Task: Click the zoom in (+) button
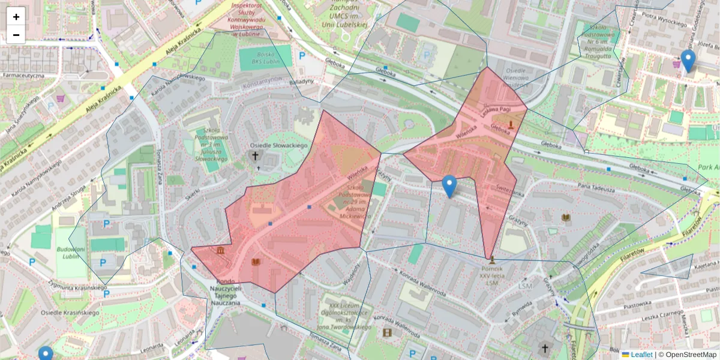(x=16, y=17)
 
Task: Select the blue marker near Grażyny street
(x=449, y=186)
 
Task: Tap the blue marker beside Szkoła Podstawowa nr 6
(x=688, y=61)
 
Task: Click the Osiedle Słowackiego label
(x=278, y=146)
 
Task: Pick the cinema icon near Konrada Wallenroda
(x=387, y=332)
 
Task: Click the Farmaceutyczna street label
(x=23, y=76)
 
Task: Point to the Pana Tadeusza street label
(x=598, y=189)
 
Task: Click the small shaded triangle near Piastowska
(x=675, y=268)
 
